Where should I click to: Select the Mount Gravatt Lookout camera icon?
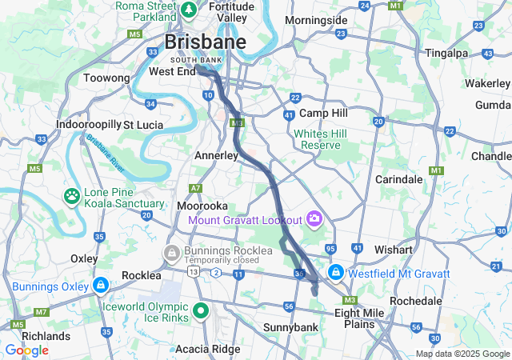[314, 218]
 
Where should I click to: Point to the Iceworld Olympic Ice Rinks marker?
[200, 311]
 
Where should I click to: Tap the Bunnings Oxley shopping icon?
[100, 286]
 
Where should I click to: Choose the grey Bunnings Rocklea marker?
[170, 254]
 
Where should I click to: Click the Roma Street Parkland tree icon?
[189, 10]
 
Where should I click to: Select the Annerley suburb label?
[218, 155]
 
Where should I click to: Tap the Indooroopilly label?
[88, 125]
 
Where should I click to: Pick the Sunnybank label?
[291, 327]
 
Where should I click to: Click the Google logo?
[26, 350]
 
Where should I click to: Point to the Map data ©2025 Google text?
[462, 354]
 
